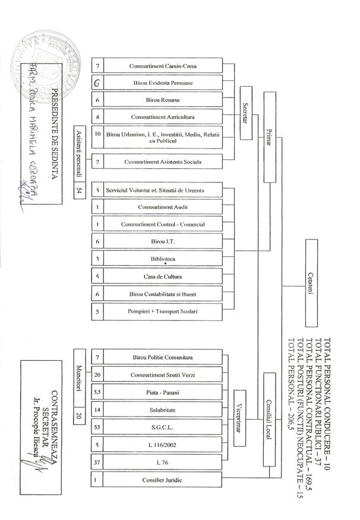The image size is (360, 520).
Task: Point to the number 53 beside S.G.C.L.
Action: tap(98, 427)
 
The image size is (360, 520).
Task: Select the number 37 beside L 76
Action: tap(98, 462)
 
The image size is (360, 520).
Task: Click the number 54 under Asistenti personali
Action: tap(80, 191)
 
